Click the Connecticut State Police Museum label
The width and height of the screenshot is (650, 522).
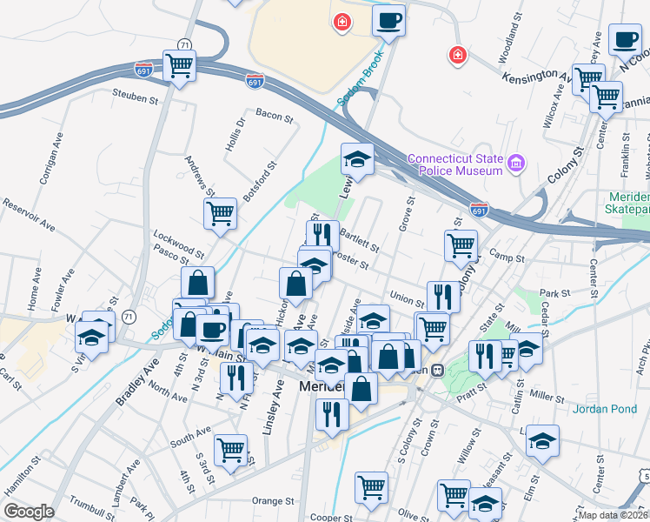(x=455, y=165)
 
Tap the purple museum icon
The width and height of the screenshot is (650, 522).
(x=517, y=162)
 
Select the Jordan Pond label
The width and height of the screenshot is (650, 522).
(x=607, y=408)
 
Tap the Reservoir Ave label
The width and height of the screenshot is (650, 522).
(x=29, y=215)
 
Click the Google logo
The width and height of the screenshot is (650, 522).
(x=29, y=512)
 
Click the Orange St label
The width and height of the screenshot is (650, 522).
(x=273, y=501)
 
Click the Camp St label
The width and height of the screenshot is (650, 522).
(x=507, y=258)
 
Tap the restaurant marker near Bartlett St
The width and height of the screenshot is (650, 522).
(x=322, y=234)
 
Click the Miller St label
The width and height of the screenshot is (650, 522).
(x=547, y=396)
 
